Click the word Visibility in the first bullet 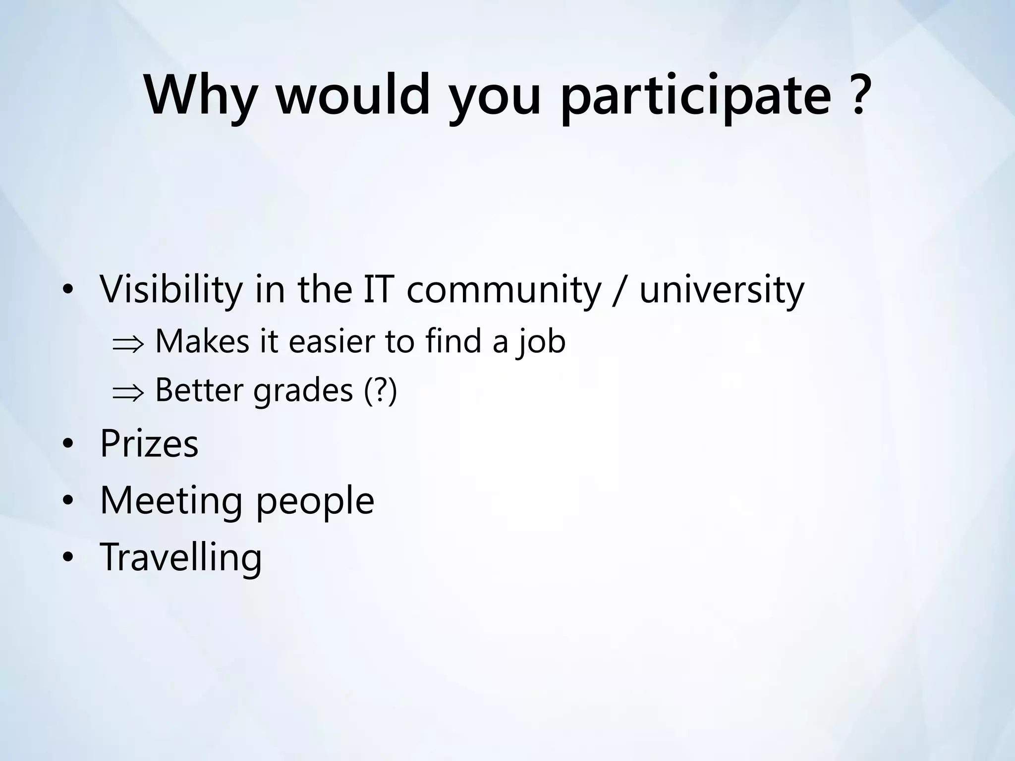pyautogui.click(x=171, y=290)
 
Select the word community pyautogui.click(x=504, y=290)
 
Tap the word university pyautogui.click(x=722, y=290)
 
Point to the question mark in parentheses pyautogui.click(x=381, y=390)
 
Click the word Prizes pyautogui.click(x=149, y=443)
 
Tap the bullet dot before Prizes pyautogui.click(x=68, y=444)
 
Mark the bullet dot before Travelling pyautogui.click(x=68, y=558)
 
